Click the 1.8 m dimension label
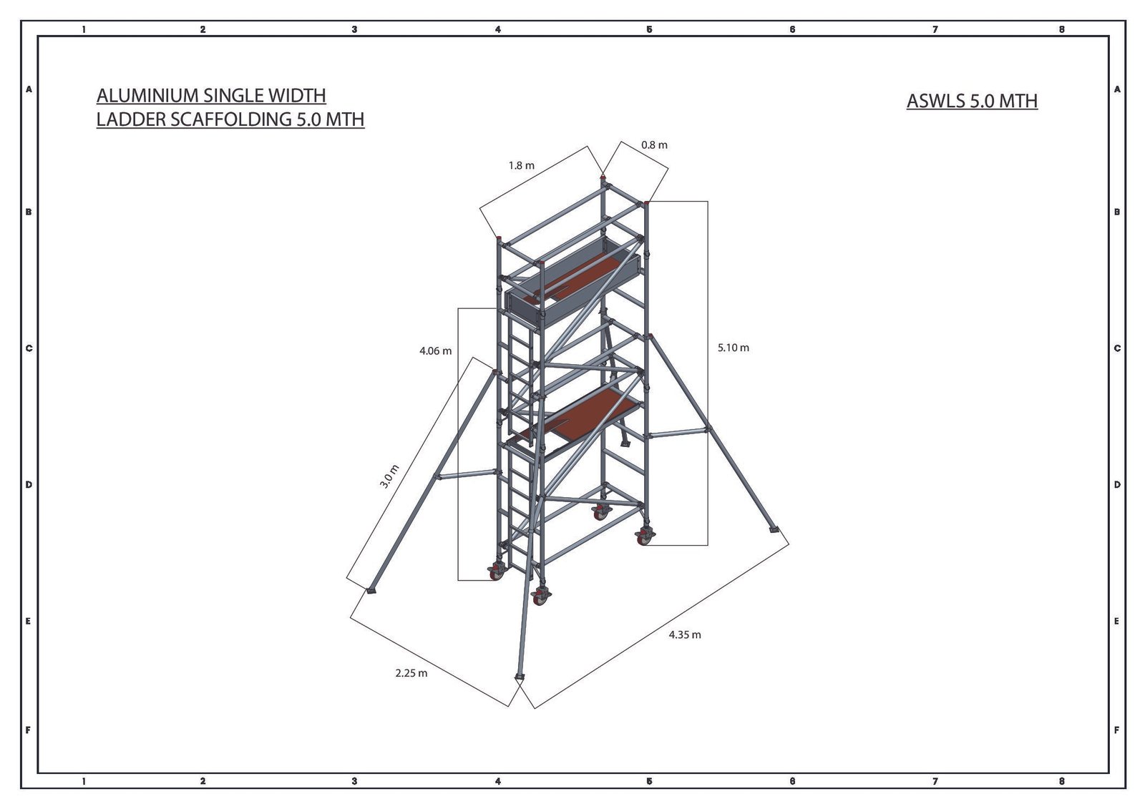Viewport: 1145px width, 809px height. (x=522, y=165)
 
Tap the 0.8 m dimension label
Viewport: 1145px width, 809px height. (x=654, y=145)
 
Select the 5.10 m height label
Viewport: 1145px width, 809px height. (x=734, y=348)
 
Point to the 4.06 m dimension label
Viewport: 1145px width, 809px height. (x=436, y=351)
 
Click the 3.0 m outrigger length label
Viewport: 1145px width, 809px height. (x=389, y=477)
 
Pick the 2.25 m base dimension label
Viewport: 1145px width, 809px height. (x=411, y=674)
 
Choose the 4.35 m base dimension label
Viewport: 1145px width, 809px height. (x=685, y=635)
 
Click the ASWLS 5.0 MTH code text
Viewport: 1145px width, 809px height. (x=973, y=101)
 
